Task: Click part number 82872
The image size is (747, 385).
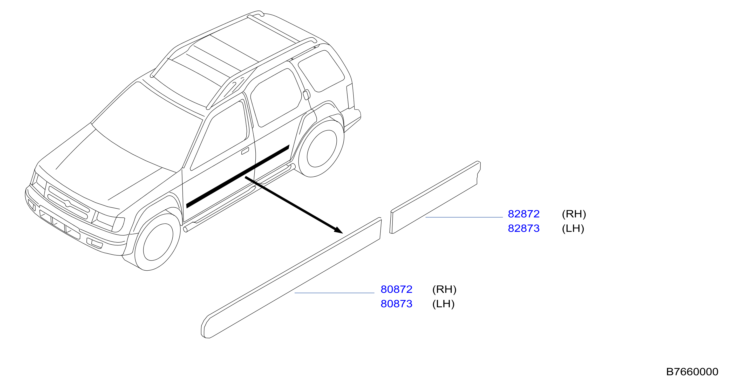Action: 524,214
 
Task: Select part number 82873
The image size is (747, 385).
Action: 524,229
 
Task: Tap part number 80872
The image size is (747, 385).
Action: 396,289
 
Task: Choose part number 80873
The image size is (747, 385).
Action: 396,304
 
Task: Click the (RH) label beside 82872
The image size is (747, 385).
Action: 574,214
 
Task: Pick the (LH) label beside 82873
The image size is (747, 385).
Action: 573,229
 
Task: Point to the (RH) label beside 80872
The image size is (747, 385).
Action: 444,289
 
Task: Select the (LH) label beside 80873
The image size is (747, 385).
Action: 443,304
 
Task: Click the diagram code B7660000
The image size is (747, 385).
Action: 692,372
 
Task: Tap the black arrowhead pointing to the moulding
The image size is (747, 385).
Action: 339,230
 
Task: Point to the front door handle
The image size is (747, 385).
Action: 245,151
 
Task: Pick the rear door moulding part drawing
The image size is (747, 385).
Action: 435,197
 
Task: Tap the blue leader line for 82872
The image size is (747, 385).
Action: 464,217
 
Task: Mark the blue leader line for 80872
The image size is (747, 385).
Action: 334,293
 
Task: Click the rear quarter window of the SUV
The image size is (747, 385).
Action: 321,71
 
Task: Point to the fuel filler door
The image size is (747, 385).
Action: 306,95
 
